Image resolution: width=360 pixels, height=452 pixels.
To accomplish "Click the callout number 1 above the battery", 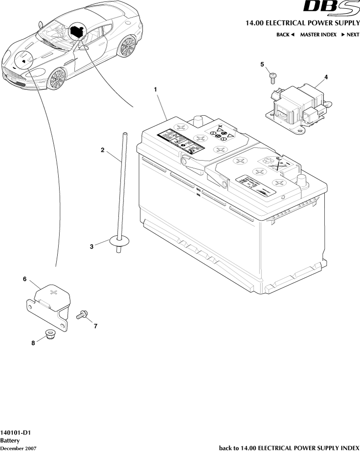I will pos(155,89).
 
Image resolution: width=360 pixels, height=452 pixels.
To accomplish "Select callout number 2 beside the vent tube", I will pos(103,150).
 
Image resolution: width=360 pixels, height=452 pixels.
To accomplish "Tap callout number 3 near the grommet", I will pos(91,247).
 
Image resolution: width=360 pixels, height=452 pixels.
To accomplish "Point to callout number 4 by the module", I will pos(326,77).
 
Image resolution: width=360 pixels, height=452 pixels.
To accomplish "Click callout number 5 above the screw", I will pos(262,64).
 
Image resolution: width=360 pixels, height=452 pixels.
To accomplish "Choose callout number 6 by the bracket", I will pos(24,279).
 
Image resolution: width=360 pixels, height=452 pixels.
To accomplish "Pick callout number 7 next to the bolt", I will pos(96,326).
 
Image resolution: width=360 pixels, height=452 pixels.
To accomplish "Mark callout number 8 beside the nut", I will pos(33,343).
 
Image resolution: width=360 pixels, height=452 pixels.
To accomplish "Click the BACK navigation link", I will pos(285,35).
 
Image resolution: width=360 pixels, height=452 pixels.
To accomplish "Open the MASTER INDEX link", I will pos(318,35).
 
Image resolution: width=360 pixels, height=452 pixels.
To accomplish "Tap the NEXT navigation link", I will pos(350,35).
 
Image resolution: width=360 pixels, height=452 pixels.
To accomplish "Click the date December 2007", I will pos(18,448).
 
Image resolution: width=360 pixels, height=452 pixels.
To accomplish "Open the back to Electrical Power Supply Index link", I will pos(289,448).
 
